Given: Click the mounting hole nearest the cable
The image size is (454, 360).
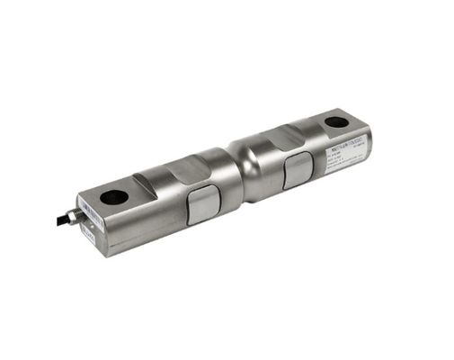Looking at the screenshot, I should coord(112,195).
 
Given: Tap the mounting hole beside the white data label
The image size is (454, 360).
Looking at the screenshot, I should coord(335,121).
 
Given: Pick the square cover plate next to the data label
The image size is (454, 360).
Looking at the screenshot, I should coord(297,170).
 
